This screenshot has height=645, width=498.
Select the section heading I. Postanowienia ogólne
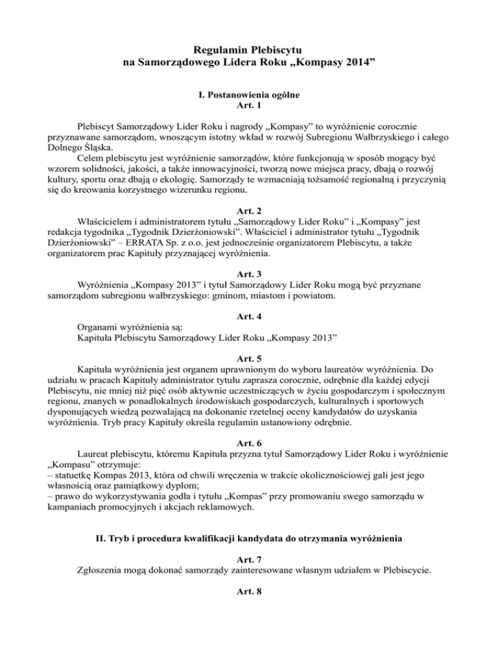(x=249, y=94)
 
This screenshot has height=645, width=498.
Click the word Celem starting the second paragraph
(x=91, y=158)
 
